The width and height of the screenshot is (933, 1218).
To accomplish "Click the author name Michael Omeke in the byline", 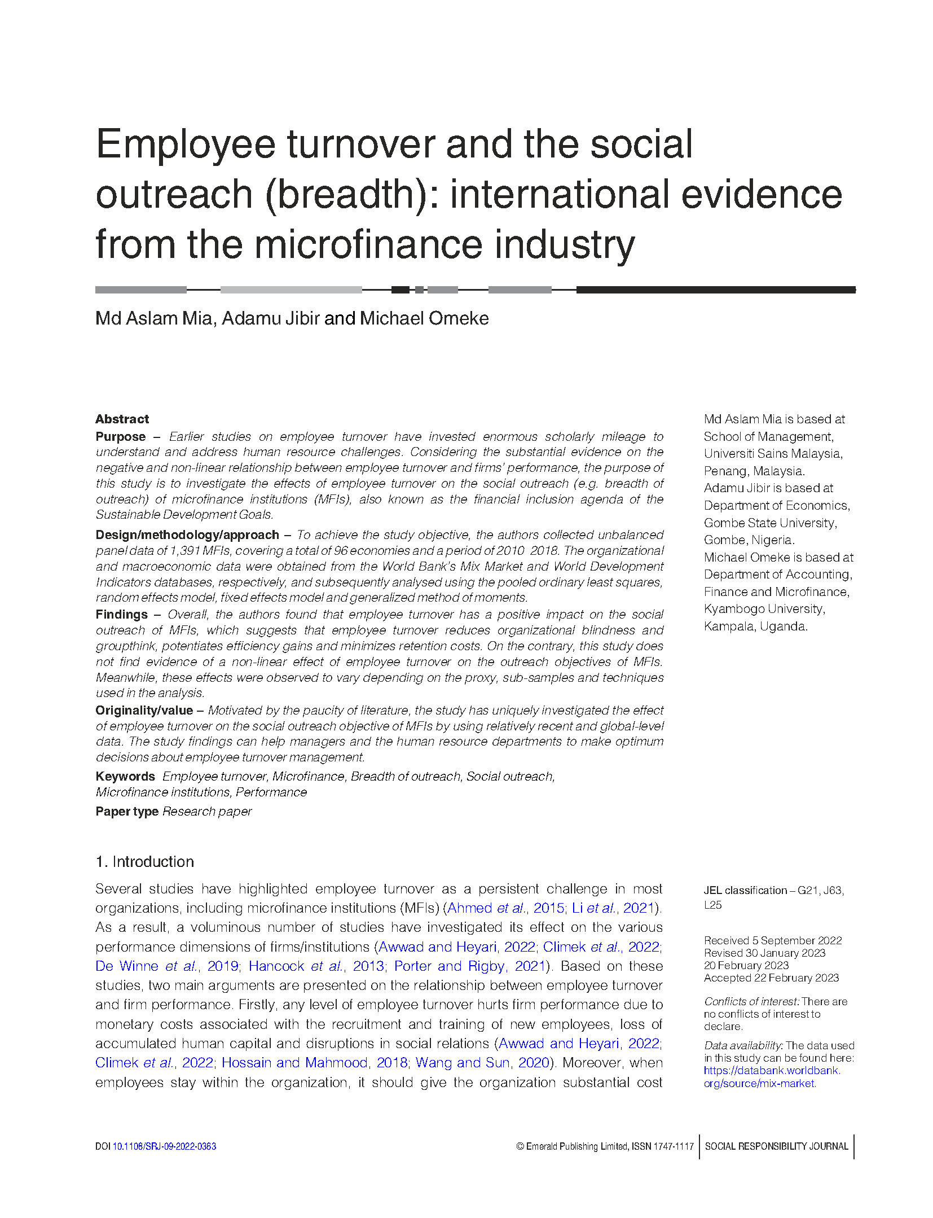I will (x=424, y=318).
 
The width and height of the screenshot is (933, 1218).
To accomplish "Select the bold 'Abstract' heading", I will (x=122, y=419).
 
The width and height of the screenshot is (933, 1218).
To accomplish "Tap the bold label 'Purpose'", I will (x=120, y=436).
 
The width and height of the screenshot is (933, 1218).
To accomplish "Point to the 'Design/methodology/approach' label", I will (x=187, y=534).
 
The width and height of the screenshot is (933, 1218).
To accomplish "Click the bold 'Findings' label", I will (x=121, y=614).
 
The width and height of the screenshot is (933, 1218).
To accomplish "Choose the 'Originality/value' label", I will (x=144, y=710).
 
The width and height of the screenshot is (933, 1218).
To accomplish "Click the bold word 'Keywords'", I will (x=125, y=776).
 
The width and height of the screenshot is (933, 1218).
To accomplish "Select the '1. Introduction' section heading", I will (x=144, y=861).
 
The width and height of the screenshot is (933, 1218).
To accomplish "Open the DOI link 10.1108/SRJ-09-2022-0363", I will (x=164, y=1146).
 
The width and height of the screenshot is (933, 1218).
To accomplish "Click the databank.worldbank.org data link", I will (x=771, y=1076).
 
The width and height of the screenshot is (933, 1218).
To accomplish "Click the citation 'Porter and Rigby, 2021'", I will (x=470, y=966).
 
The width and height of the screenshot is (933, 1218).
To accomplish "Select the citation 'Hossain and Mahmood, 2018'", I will (x=314, y=1062).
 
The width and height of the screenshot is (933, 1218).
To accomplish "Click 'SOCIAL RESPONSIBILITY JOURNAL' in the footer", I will (x=776, y=1146).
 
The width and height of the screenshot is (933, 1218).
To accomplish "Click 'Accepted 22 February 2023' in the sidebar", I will (x=771, y=978).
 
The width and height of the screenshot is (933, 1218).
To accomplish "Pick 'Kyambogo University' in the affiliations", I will (x=764, y=608).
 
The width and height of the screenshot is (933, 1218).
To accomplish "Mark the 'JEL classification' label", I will (x=745, y=890).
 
